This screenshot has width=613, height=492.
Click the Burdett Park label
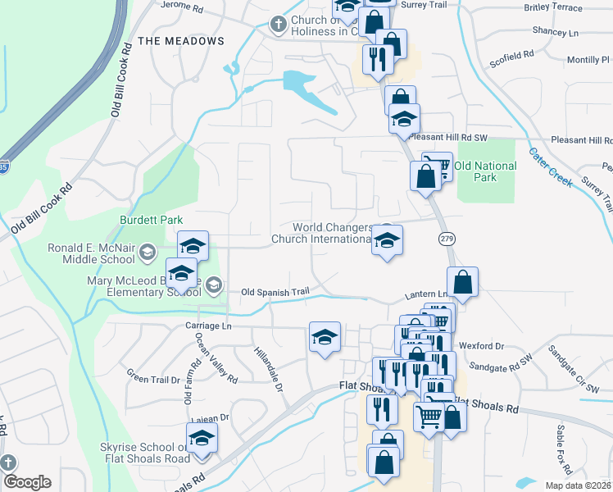point(151,221)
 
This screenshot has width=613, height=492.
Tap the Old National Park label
point(486,171)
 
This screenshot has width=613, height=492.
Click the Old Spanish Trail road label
point(275,291)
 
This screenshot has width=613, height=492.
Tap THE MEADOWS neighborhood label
point(181,41)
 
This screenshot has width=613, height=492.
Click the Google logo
point(26,482)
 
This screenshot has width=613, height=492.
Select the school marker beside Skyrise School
point(201,440)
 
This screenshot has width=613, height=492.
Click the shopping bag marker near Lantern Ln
point(463,282)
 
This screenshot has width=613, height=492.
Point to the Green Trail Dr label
point(152,379)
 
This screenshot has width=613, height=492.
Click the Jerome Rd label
point(182,7)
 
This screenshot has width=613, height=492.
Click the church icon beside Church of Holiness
point(279,25)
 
